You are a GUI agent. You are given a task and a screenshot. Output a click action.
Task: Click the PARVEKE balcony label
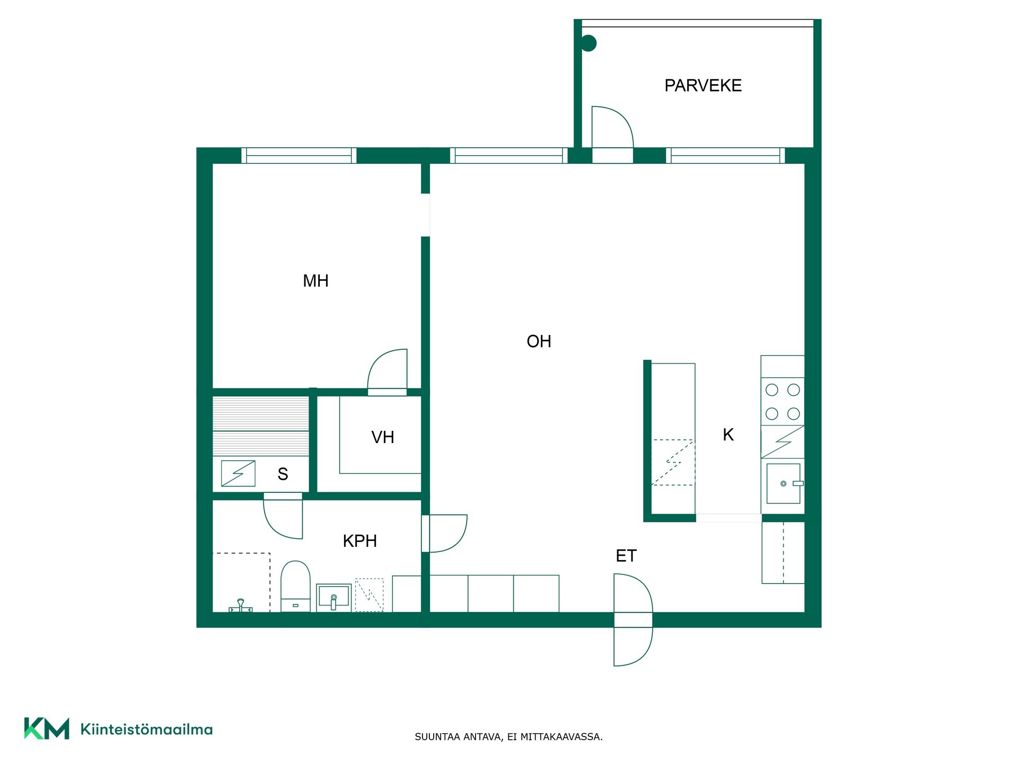click(703, 85)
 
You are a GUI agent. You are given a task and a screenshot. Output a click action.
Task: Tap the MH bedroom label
click(315, 281)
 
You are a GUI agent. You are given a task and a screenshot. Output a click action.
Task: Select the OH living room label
click(539, 341)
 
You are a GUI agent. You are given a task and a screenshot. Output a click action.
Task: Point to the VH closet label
click(383, 437)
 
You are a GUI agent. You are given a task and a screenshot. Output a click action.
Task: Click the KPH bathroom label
click(360, 541)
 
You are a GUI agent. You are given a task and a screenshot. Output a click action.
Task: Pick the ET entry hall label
click(626, 556)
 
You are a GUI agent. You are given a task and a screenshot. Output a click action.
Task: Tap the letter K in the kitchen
click(728, 435)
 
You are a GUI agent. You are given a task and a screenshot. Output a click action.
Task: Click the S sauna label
click(283, 474)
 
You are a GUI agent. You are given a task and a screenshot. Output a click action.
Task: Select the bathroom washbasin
click(334, 598)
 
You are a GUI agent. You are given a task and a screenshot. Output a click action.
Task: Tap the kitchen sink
click(783, 484)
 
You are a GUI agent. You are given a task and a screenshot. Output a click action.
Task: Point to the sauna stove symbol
click(238, 474)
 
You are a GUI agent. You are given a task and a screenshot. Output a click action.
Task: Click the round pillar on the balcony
click(589, 43)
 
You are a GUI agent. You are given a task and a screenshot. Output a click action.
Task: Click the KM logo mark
click(47, 729)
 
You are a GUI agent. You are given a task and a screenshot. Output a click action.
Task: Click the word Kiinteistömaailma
click(146, 730)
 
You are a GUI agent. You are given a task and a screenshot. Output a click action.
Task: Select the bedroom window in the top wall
click(299, 156)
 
